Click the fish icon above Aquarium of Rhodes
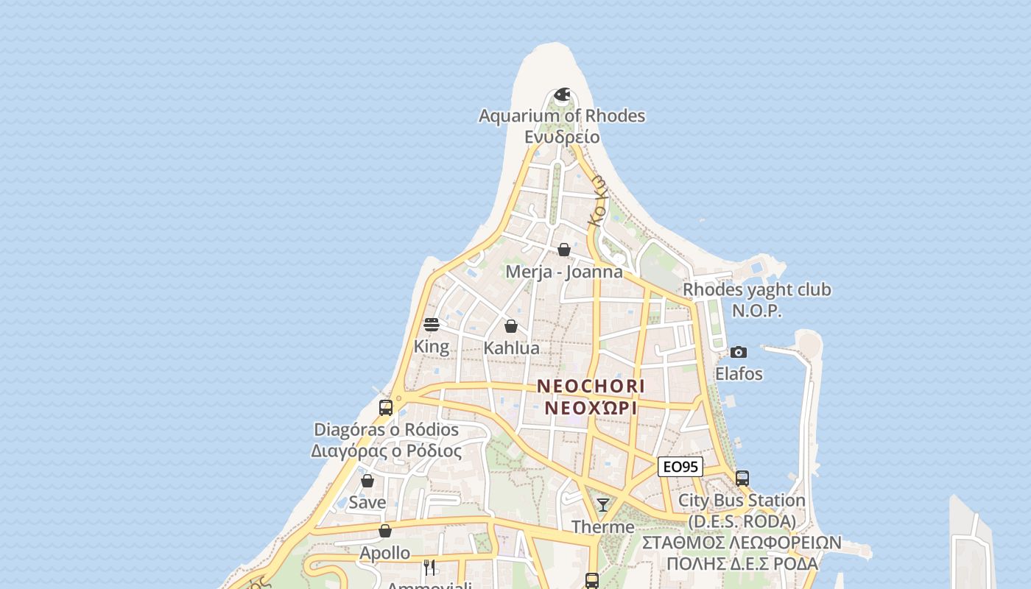[x=563, y=94]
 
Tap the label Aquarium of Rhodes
[x=562, y=116]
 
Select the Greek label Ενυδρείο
[x=562, y=137]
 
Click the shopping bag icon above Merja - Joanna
[x=564, y=250]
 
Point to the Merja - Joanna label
[x=564, y=272]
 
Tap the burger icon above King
[x=432, y=325]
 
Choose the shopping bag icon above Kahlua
[x=511, y=326]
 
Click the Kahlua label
[x=511, y=348]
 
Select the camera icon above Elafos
[x=739, y=352]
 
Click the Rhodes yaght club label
[x=757, y=289]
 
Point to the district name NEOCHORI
[x=591, y=386]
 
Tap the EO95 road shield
[x=680, y=467]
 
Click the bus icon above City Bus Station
[x=742, y=479]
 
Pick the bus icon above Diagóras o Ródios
[x=386, y=407]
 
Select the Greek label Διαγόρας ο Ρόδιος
[x=387, y=451]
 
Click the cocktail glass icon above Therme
[x=603, y=505]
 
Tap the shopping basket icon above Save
[x=367, y=481]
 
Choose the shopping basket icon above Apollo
[x=385, y=531]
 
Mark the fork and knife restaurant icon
[x=429, y=567]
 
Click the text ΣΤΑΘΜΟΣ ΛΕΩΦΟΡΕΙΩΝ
[x=742, y=543]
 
